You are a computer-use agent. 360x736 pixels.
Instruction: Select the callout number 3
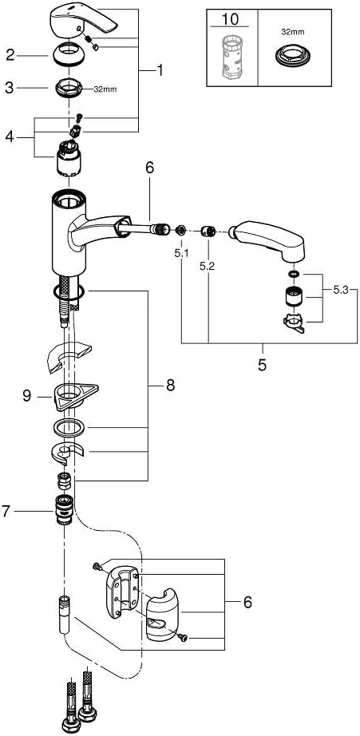(x=10, y=88)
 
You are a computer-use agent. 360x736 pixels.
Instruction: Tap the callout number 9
(x=27, y=396)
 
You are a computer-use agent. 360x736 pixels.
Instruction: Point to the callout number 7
(x=6, y=512)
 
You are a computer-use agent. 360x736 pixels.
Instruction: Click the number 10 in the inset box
(x=230, y=19)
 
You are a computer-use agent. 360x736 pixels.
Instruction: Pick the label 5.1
(x=181, y=253)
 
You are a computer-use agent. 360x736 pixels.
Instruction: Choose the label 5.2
(x=207, y=266)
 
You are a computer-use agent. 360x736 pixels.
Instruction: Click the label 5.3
(x=341, y=290)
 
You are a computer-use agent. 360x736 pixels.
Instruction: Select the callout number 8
(x=169, y=386)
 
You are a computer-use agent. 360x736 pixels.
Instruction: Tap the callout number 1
(x=160, y=70)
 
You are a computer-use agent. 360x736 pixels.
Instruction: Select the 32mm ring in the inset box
(x=293, y=56)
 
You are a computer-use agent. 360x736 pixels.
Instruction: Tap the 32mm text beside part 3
(x=103, y=89)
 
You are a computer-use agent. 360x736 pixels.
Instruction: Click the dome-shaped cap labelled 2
(x=69, y=55)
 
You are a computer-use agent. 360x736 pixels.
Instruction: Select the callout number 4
(x=10, y=137)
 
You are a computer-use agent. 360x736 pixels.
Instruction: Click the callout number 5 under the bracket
(x=263, y=365)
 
